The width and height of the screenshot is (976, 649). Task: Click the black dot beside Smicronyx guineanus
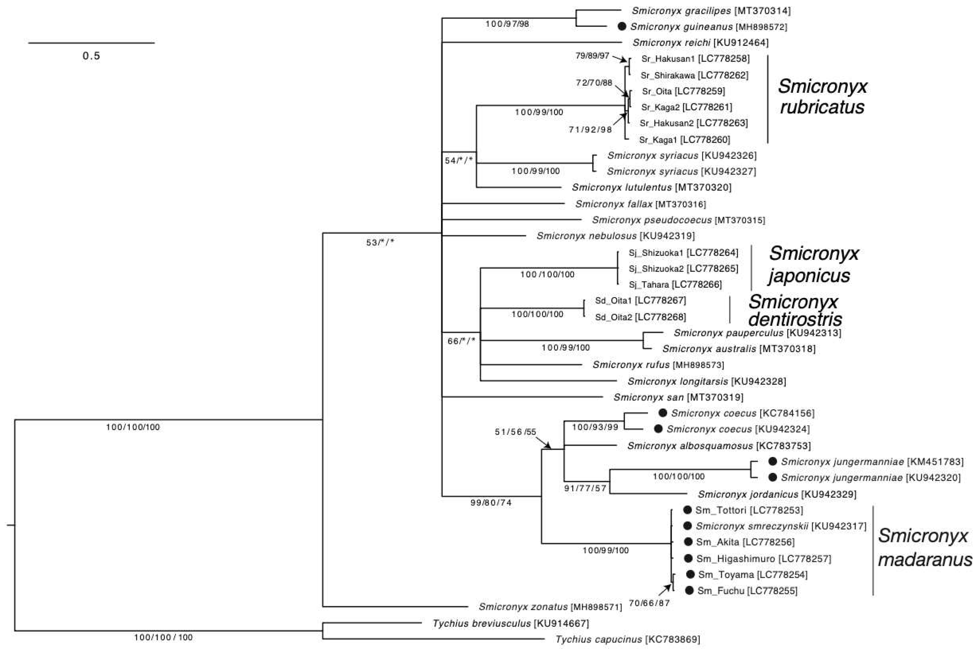click(621, 26)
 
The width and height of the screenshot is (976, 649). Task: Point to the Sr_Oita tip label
click(657, 91)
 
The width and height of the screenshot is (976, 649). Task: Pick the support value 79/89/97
click(593, 55)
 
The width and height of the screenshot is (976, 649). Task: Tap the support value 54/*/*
click(459, 160)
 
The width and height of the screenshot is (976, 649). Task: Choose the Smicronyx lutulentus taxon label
click(621, 187)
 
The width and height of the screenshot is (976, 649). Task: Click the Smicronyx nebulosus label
click(586, 236)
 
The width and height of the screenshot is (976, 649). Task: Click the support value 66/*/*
click(461, 341)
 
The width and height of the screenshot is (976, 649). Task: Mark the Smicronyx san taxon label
click(648, 397)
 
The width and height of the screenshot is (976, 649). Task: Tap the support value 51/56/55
click(515, 432)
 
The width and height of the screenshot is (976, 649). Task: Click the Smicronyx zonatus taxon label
click(523, 607)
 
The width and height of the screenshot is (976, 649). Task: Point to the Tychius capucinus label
click(598, 640)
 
